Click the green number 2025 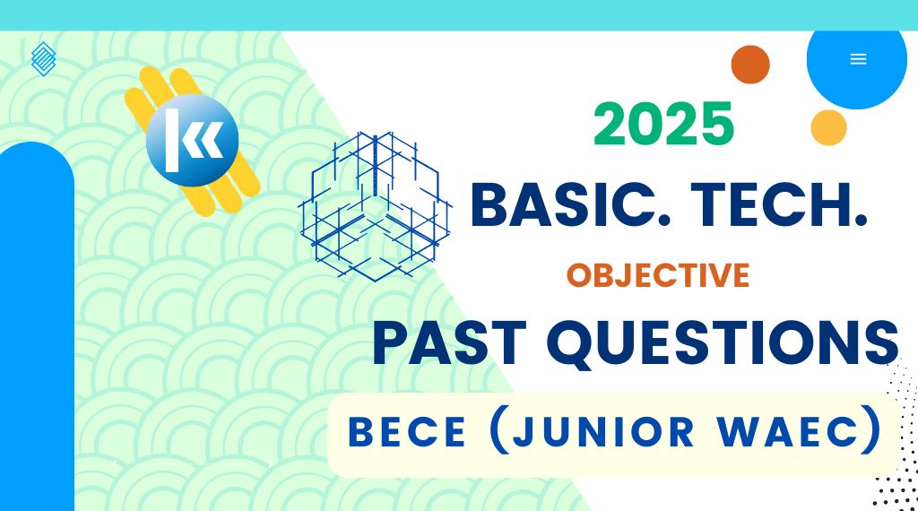click(x=663, y=124)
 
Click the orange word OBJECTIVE click(x=658, y=275)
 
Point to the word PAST click(x=449, y=343)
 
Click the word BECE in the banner click(x=407, y=432)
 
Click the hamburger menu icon click(x=858, y=59)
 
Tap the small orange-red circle click(x=750, y=65)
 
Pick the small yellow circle click(x=828, y=127)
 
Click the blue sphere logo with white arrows click(x=192, y=141)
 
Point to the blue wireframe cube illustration click(x=376, y=206)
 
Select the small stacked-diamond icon click(x=43, y=59)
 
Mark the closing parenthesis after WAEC click(x=874, y=430)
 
